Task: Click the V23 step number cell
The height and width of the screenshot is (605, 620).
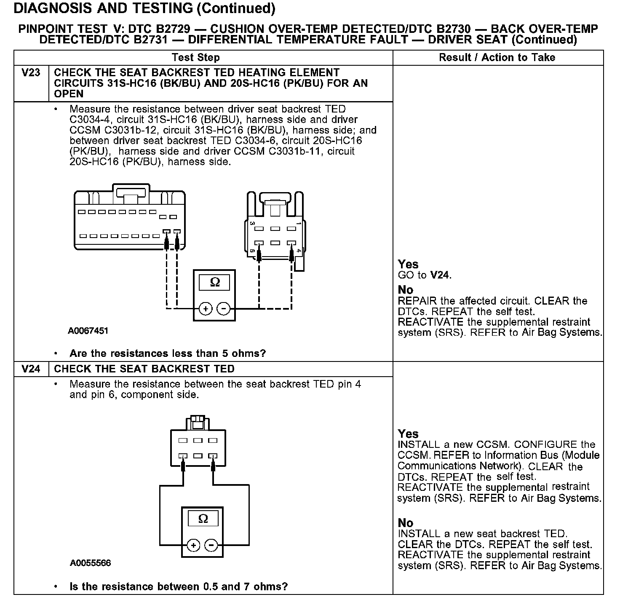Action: point(31,73)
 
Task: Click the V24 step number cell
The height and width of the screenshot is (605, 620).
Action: point(31,369)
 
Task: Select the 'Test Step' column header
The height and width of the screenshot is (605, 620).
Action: point(196,58)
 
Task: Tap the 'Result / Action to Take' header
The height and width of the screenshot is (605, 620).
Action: point(497,58)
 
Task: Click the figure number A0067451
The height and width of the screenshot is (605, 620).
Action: point(88,331)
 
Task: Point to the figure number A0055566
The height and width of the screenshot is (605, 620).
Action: point(91,563)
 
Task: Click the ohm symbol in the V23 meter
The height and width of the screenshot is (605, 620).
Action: point(215,282)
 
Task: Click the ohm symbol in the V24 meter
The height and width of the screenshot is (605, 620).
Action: point(203,518)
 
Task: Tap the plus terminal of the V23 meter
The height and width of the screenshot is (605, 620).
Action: point(206,309)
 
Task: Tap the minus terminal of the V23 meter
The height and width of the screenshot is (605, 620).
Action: point(223,309)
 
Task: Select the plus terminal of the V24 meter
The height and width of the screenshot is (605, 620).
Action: point(193,546)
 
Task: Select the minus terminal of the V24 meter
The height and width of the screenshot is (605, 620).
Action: point(211,546)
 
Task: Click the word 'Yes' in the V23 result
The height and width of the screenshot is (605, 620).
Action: point(408,264)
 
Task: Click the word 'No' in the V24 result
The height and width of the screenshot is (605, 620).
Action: point(406,523)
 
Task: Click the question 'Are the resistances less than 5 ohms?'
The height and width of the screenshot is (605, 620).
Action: point(168,353)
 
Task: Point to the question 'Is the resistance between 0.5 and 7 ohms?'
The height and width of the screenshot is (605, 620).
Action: point(179,586)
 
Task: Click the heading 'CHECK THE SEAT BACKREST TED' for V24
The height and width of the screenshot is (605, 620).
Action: point(144,369)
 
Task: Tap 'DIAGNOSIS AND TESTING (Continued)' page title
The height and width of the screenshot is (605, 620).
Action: point(144,8)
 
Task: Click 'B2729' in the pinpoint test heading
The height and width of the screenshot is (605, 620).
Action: point(173,29)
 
